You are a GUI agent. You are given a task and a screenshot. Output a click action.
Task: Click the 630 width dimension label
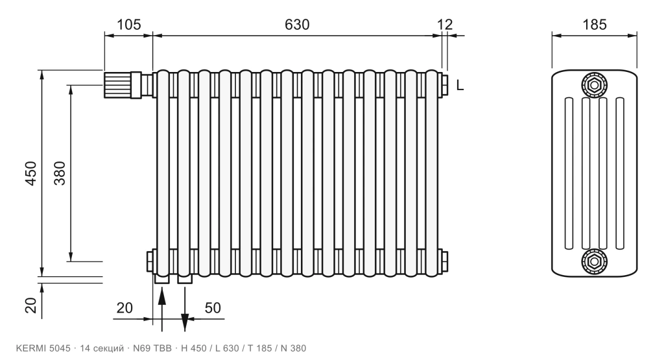click(297, 25)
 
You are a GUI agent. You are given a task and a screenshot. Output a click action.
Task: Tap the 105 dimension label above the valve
click(128, 25)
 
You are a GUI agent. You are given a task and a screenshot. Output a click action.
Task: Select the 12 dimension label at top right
click(445, 25)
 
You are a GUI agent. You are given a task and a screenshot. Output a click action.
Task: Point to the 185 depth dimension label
click(595, 25)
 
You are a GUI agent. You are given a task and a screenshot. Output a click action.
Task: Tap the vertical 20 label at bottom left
click(31, 304)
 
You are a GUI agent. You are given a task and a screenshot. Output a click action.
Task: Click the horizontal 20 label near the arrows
click(124, 308)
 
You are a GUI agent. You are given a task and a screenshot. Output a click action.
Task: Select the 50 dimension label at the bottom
click(213, 308)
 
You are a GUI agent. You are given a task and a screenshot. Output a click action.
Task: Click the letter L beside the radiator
click(460, 86)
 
